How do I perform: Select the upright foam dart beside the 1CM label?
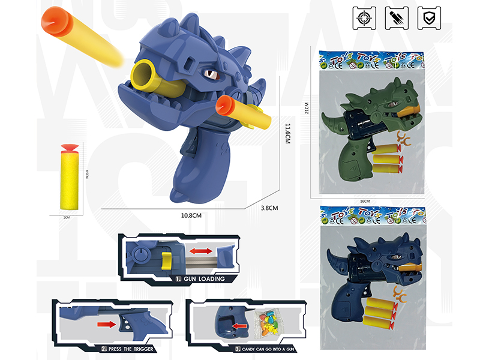click(70, 178)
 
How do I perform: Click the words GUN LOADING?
click(203, 280)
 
